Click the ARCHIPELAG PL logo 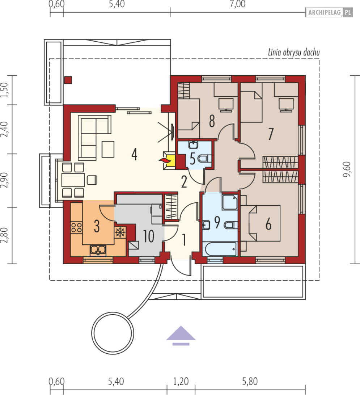pos(329,12)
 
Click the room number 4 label pos(135,155)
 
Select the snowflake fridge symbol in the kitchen pos(120,232)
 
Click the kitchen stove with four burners pos(76,227)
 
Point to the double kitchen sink pos(98,250)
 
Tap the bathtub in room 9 pos(221,249)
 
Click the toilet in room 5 pos(205,159)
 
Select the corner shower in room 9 pos(230,202)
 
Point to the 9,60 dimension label pos(347,169)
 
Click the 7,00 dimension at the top pos(237,4)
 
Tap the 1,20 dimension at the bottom pos(181,381)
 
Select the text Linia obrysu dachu pos(294,52)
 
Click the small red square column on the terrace pos(68,80)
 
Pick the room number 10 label pos(149,236)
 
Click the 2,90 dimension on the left pos(5,180)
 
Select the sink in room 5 pos(193,145)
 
